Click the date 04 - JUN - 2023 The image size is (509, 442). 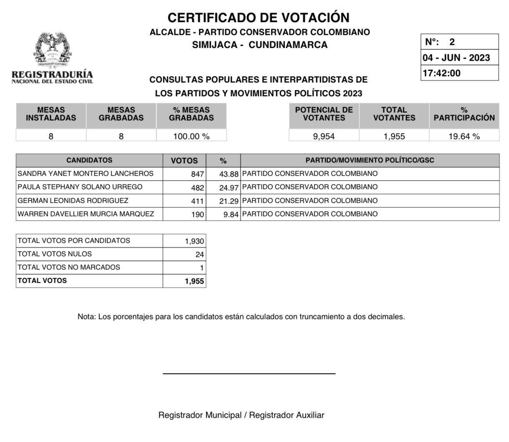(456, 57)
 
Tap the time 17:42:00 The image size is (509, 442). (441, 73)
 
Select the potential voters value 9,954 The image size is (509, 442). (324, 136)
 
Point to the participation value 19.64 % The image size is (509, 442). (464, 136)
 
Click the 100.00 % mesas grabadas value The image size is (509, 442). (191, 136)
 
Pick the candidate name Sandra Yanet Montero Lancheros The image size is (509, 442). (85, 174)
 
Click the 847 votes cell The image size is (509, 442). (197, 174)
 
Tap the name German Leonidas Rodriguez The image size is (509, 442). (73, 201)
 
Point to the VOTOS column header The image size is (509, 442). (184, 161)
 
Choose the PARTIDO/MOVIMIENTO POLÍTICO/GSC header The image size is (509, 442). (370, 160)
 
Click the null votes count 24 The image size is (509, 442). (199, 255)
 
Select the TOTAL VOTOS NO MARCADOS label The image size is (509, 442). (69, 267)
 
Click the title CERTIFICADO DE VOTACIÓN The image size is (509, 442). (258, 17)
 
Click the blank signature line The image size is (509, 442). (249, 373)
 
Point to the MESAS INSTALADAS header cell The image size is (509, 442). (51, 114)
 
